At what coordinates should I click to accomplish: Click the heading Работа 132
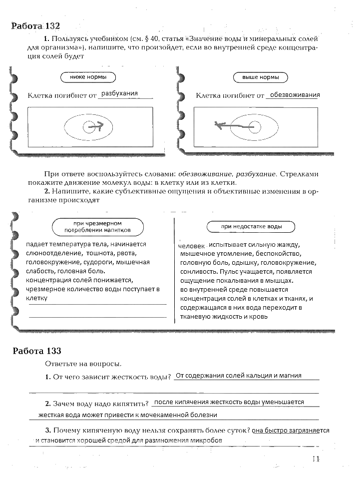pos(39,26)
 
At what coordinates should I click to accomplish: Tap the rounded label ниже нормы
pos(88,77)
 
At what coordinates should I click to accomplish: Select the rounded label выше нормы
pos(261,77)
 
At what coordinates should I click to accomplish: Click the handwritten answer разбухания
pos(119,93)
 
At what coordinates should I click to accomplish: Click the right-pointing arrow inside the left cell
pos(95,127)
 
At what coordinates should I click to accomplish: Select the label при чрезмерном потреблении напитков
pos(97,227)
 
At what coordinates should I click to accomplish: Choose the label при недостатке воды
pos(251,227)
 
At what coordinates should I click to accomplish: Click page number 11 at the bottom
pos(316,460)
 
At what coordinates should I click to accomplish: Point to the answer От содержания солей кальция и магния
pos(239,376)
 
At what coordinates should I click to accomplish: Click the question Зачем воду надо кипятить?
pos(97,403)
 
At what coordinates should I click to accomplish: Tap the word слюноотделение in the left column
pos(48,253)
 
